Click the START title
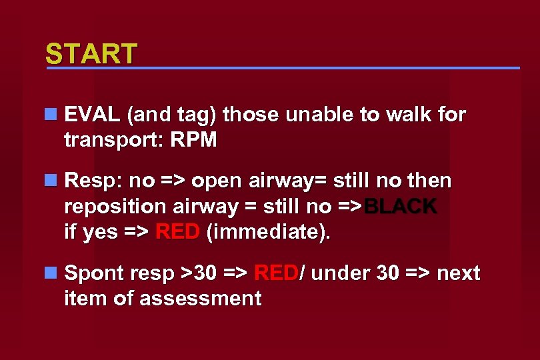[91, 54]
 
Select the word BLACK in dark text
[401, 207]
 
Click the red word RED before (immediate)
[177, 233]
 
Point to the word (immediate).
[267, 233]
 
